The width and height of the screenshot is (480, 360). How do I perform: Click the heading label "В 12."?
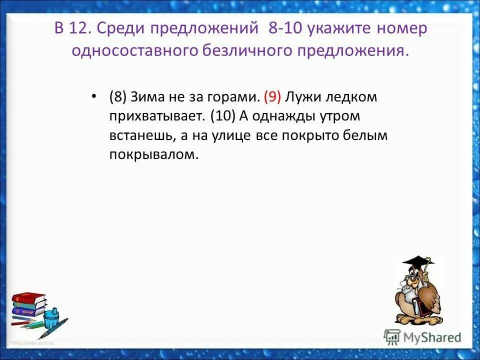pos(72,29)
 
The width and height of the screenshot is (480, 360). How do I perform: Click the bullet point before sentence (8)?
pos(93,97)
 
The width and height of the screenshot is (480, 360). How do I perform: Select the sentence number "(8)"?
pos(118,97)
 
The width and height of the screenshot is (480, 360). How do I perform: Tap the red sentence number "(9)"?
pos(272,97)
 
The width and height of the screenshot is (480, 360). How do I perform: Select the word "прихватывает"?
pos(157,116)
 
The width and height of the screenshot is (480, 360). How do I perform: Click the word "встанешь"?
pos(140,136)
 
